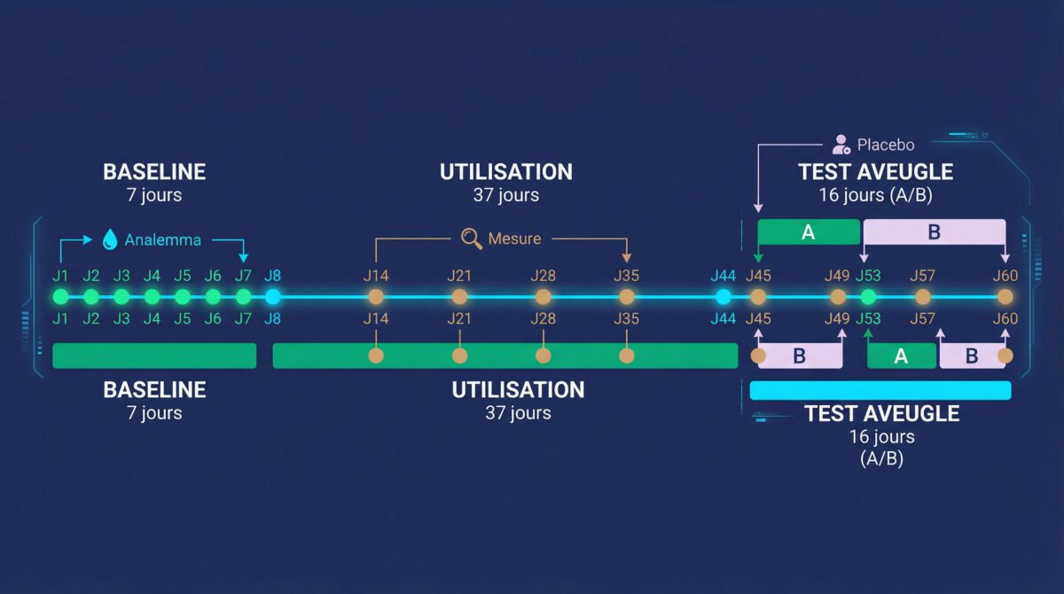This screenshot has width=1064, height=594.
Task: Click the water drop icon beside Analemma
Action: click(111, 239)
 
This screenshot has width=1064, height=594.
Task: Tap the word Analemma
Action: click(162, 240)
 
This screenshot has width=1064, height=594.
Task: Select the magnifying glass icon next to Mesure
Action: click(472, 238)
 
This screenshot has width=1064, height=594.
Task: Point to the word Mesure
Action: click(514, 238)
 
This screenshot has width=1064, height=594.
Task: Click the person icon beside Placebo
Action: click(841, 145)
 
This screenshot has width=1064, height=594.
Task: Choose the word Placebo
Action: click(885, 145)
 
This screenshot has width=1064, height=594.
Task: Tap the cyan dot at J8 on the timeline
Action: click(273, 297)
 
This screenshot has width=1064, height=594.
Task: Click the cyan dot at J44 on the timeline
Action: click(724, 297)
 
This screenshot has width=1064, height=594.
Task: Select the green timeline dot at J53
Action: click(868, 297)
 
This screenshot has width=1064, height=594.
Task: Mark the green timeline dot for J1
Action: click(60, 297)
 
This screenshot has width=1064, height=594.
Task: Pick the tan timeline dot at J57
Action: click(923, 297)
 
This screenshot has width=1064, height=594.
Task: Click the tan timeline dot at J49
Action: click(838, 297)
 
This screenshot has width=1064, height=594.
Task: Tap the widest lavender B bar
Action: click(935, 232)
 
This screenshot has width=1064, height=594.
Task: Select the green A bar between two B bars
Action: click(901, 356)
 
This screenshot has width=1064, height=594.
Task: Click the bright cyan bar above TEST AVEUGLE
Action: click(880, 390)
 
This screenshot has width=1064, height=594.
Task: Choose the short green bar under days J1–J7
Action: click(154, 356)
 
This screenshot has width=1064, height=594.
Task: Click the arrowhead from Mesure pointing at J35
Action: click(627, 258)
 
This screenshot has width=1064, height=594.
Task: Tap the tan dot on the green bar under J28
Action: click(544, 356)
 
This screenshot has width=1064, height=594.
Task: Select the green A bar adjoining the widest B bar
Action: click(809, 232)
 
